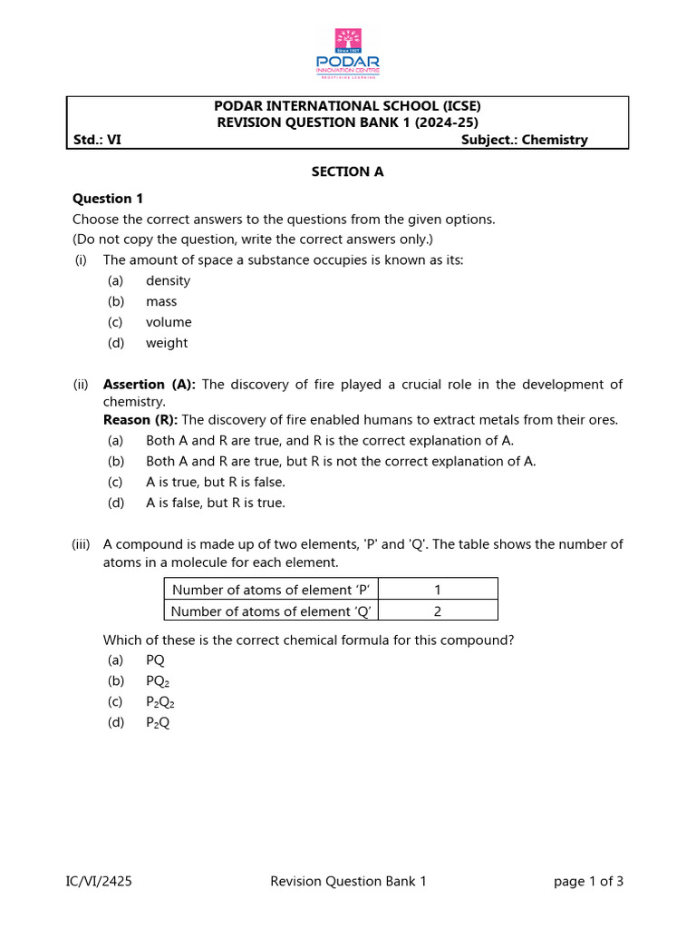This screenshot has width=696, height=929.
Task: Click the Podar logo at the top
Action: (x=348, y=54)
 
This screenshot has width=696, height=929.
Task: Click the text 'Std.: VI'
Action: (x=97, y=140)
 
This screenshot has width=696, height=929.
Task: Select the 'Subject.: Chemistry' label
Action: (x=524, y=140)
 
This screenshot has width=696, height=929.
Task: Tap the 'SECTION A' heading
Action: (x=347, y=171)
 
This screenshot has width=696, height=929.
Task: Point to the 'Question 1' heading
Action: (x=108, y=199)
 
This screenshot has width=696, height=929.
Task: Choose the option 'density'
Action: (x=168, y=281)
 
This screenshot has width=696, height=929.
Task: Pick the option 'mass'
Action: (x=161, y=302)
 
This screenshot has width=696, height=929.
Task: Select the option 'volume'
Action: (x=169, y=323)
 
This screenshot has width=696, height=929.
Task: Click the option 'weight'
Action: (x=167, y=343)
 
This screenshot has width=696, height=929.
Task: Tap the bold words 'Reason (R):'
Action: (x=140, y=420)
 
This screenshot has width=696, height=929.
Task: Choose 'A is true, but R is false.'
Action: (x=215, y=483)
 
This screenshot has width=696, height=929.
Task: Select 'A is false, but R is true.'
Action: (x=215, y=504)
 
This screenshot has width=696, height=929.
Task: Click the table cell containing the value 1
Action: (x=438, y=589)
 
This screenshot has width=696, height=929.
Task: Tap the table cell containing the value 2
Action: (x=438, y=611)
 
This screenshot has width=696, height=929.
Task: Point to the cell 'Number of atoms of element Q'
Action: (x=271, y=611)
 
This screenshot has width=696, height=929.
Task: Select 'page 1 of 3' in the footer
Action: (x=588, y=881)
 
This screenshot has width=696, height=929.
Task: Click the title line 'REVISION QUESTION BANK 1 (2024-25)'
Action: (x=347, y=122)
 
